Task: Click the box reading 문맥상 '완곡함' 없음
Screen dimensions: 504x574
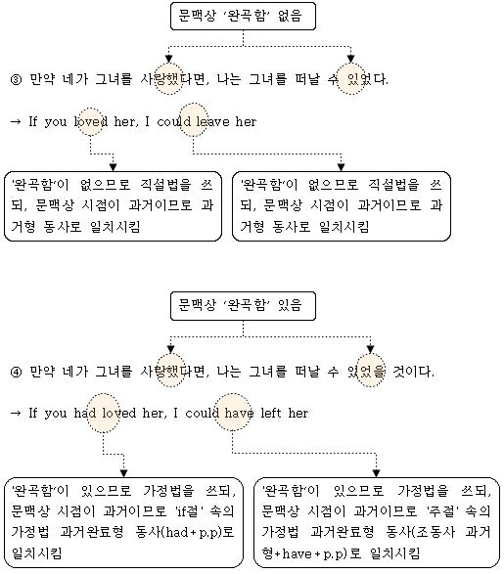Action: click(243, 16)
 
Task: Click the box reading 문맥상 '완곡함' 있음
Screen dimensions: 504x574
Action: click(243, 306)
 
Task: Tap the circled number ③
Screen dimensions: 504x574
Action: click(16, 79)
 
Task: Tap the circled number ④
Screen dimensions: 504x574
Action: click(16, 373)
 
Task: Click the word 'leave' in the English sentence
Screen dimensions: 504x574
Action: click(212, 121)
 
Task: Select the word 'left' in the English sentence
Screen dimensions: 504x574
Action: click(271, 413)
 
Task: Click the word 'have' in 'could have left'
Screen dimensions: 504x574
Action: click(239, 413)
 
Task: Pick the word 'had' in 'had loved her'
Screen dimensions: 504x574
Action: click(85, 413)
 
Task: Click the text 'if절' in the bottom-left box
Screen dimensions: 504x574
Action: click(189, 511)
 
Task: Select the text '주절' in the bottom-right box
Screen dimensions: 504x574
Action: click(439, 511)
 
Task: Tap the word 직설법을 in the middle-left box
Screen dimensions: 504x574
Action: click(166, 185)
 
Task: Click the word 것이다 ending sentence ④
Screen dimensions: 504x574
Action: click(411, 373)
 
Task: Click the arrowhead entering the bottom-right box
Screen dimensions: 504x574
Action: click(376, 473)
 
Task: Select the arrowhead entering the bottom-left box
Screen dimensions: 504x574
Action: click(124, 473)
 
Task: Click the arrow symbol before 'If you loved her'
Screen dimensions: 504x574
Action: click(16, 121)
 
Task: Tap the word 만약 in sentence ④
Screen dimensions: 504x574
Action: click(42, 373)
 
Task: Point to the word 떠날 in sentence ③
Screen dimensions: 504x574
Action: click(307, 79)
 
